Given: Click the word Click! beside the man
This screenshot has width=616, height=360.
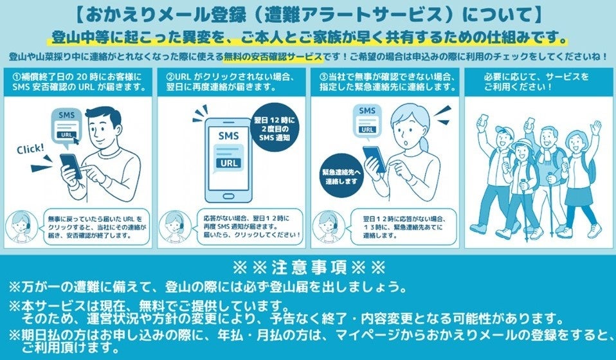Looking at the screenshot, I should pyautogui.click(x=31, y=149).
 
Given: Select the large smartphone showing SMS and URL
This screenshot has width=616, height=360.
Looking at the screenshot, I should pyautogui.click(x=228, y=157).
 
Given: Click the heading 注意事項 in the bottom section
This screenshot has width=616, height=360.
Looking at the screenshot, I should pyautogui.click(x=307, y=266).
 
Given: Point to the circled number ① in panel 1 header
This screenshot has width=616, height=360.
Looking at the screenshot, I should pyautogui.click(x=16, y=76).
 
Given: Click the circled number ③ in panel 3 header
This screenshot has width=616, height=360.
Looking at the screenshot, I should pyautogui.click(x=323, y=76).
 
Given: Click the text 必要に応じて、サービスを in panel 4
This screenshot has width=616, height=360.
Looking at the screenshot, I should pyautogui.click(x=536, y=76).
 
